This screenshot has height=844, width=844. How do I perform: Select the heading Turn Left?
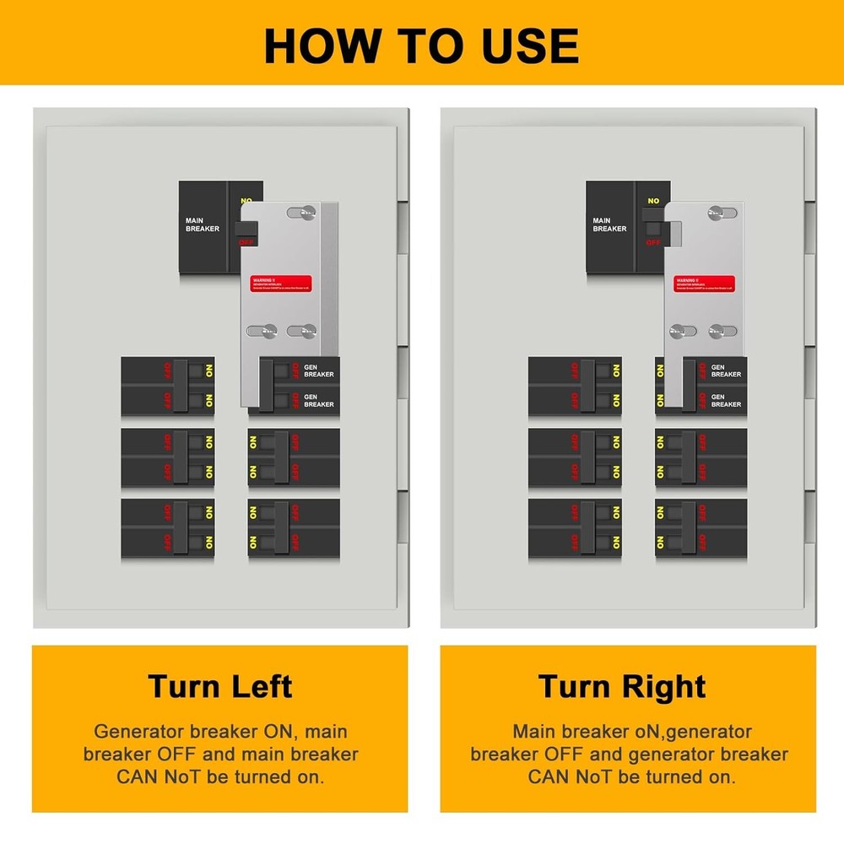[220, 685]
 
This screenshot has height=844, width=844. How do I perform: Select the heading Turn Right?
[622, 685]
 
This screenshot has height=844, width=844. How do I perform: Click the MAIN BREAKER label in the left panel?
[202, 225]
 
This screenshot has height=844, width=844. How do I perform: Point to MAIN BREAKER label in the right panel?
[609, 225]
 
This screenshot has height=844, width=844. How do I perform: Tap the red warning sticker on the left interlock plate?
[282, 284]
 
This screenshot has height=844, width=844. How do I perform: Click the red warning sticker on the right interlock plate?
[704, 284]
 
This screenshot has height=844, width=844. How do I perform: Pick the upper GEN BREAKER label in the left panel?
[318, 371]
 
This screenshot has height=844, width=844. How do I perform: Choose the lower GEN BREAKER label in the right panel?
[726, 401]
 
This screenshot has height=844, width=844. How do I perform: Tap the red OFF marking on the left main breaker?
[246, 242]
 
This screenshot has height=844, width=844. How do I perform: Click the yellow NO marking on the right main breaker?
[652, 201]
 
